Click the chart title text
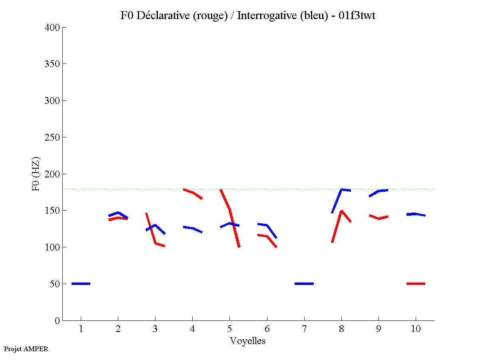(247, 16)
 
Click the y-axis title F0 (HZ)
(36, 174)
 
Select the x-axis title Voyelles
(247, 341)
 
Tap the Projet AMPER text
(26, 349)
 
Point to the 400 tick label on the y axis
(52, 28)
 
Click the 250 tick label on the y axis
(52, 137)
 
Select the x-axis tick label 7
(304, 329)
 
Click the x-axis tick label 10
(416, 329)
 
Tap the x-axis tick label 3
(155, 329)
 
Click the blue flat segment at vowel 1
(81, 284)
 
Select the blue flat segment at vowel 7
(304, 284)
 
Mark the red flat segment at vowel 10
(416, 284)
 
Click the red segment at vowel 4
(193, 193)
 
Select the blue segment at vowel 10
(416, 214)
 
